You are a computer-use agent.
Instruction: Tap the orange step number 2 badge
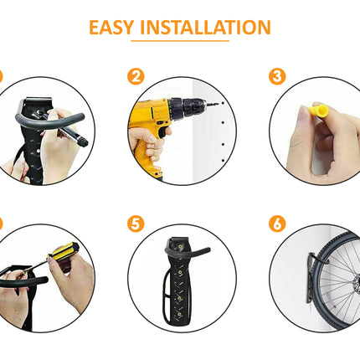[135, 77]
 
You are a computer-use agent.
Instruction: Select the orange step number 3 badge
[276, 77]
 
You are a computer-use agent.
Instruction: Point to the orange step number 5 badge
[135, 224]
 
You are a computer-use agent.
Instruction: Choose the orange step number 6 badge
[276, 224]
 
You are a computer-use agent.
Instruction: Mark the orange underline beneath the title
[179, 41]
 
